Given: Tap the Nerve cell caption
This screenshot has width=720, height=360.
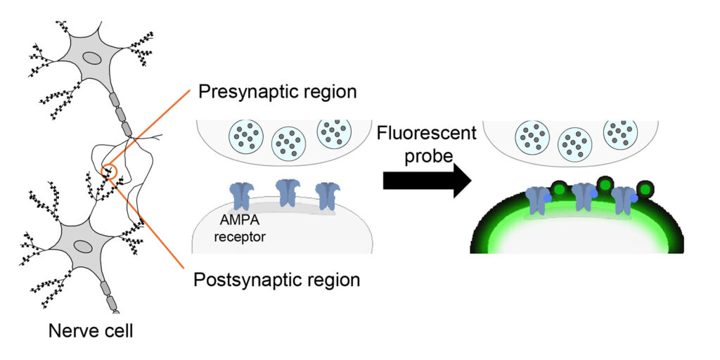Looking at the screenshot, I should pyautogui.click(x=91, y=329).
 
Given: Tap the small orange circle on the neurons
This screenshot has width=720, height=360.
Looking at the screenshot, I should pyautogui.click(x=108, y=169).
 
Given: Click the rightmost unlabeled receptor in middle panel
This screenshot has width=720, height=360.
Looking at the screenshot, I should pyautogui.click(x=328, y=195).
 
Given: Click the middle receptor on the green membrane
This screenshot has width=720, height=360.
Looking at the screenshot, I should pyautogui.click(x=583, y=197).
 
